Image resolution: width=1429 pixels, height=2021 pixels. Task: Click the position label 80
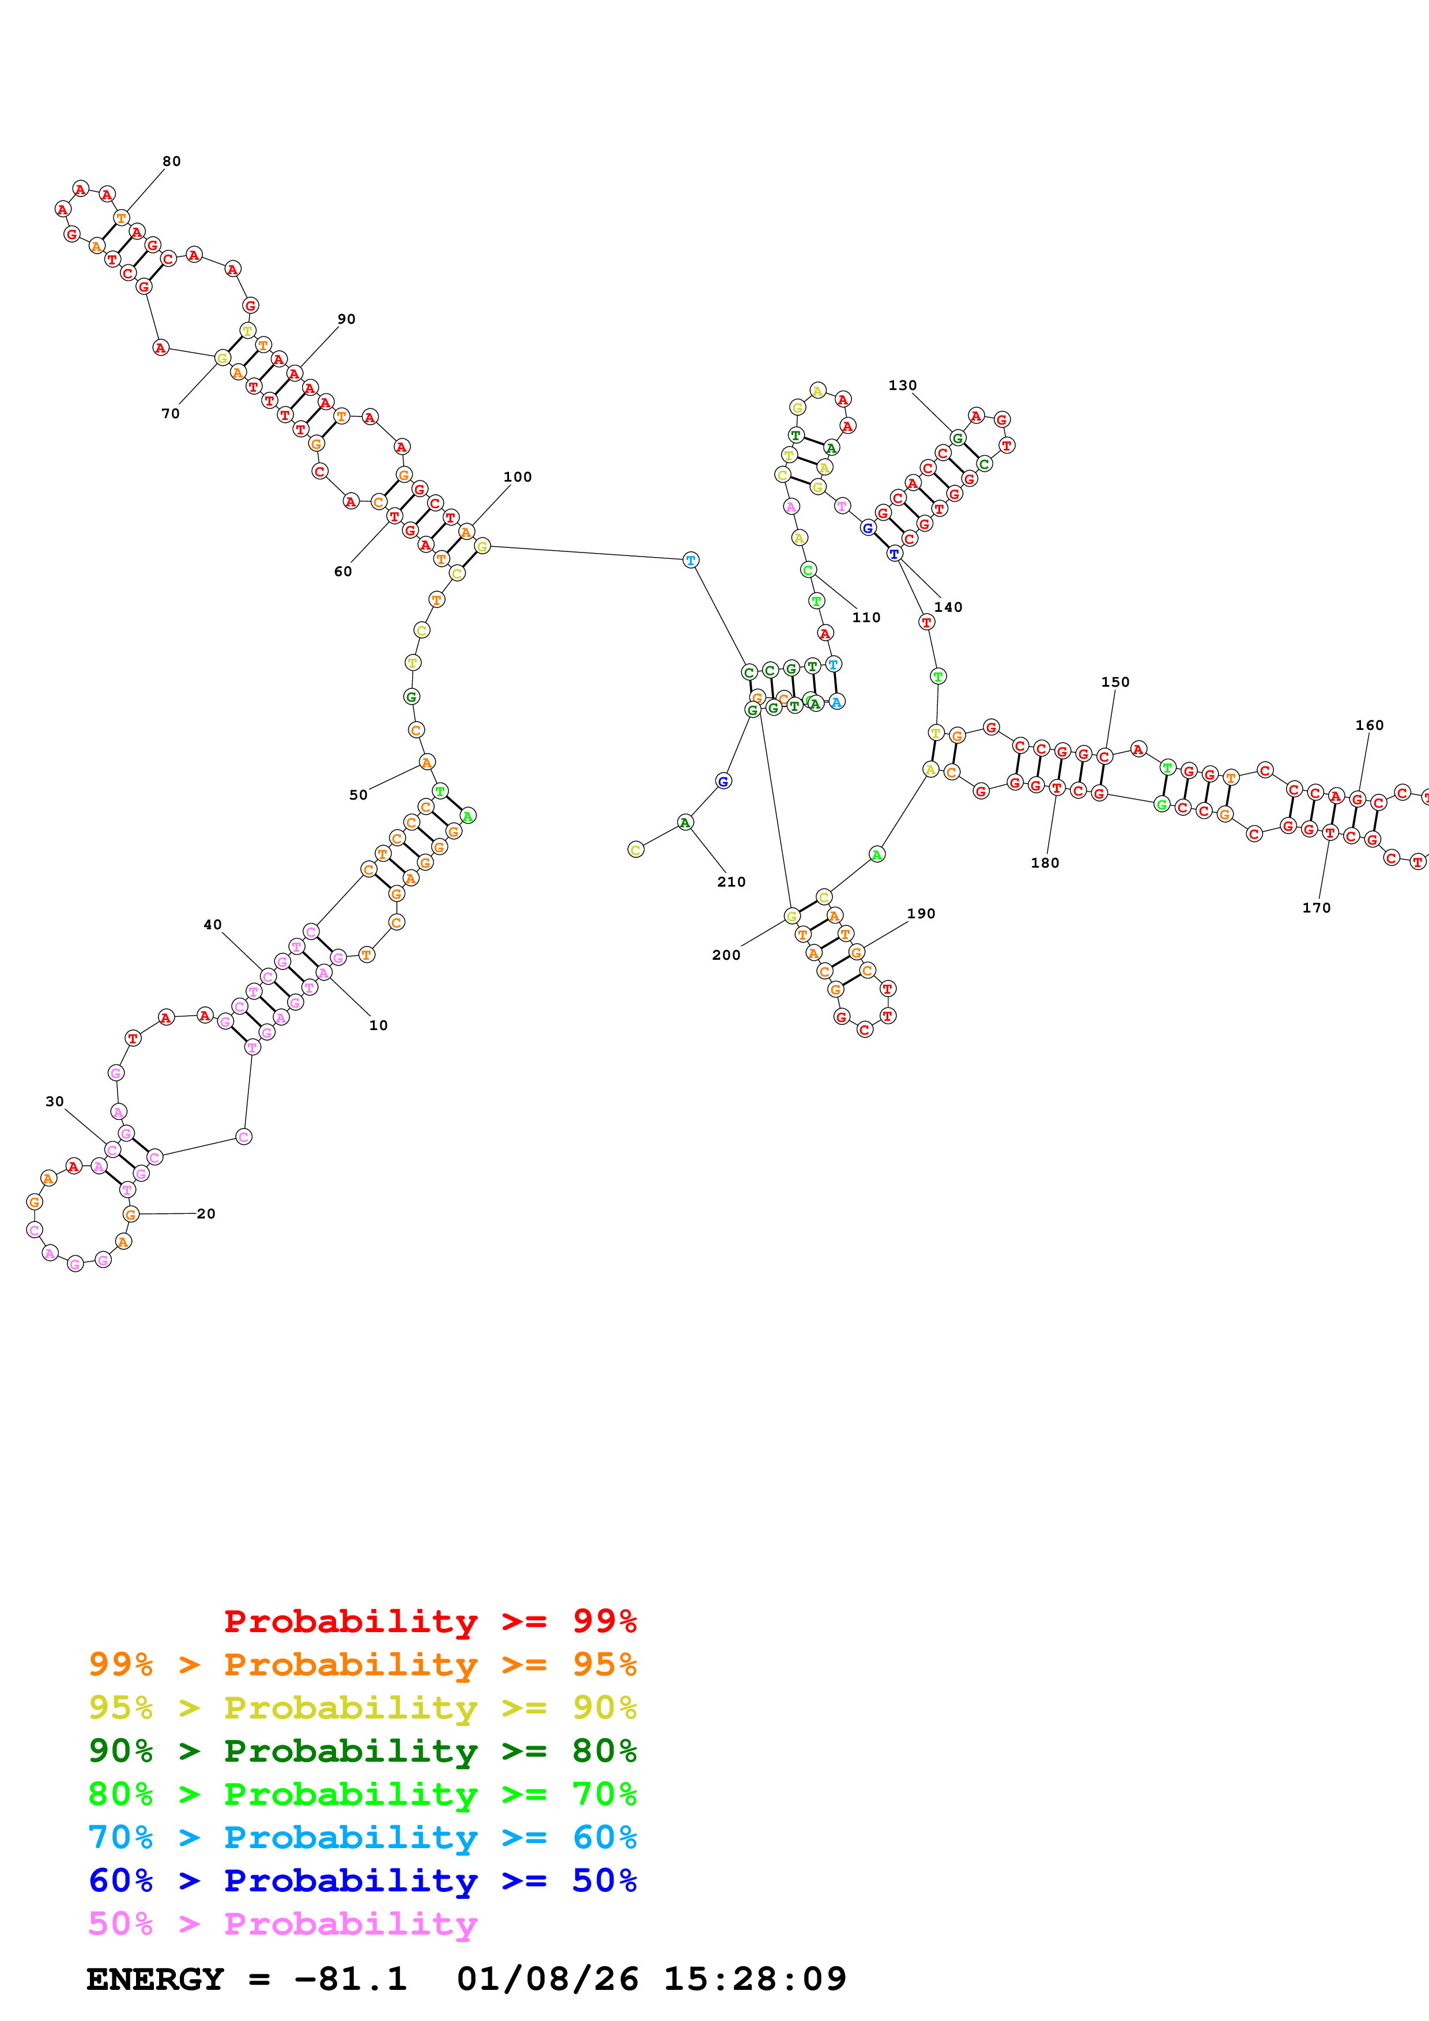(x=172, y=161)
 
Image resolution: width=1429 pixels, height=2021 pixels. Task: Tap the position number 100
(x=518, y=477)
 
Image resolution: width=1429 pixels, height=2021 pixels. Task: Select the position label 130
(x=903, y=385)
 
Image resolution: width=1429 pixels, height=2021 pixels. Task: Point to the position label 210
(x=732, y=882)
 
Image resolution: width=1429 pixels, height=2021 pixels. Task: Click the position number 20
(x=206, y=1214)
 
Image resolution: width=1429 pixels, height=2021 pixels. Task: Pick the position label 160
(x=1369, y=725)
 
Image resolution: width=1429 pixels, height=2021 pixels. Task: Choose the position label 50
(x=359, y=795)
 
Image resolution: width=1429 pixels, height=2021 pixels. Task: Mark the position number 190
(x=921, y=914)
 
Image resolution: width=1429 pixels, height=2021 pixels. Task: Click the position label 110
(x=866, y=618)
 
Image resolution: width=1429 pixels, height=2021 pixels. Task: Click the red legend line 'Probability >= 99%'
(x=429, y=1621)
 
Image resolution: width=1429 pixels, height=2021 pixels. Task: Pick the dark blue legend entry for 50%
(x=363, y=1880)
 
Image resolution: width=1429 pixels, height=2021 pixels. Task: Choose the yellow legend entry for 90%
(x=363, y=1708)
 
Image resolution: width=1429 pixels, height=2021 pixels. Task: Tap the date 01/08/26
(x=548, y=1979)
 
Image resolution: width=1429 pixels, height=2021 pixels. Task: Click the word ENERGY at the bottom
(x=155, y=1979)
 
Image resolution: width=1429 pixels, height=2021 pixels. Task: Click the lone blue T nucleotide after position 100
(x=691, y=560)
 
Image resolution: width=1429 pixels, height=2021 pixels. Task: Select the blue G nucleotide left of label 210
(x=723, y=781)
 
